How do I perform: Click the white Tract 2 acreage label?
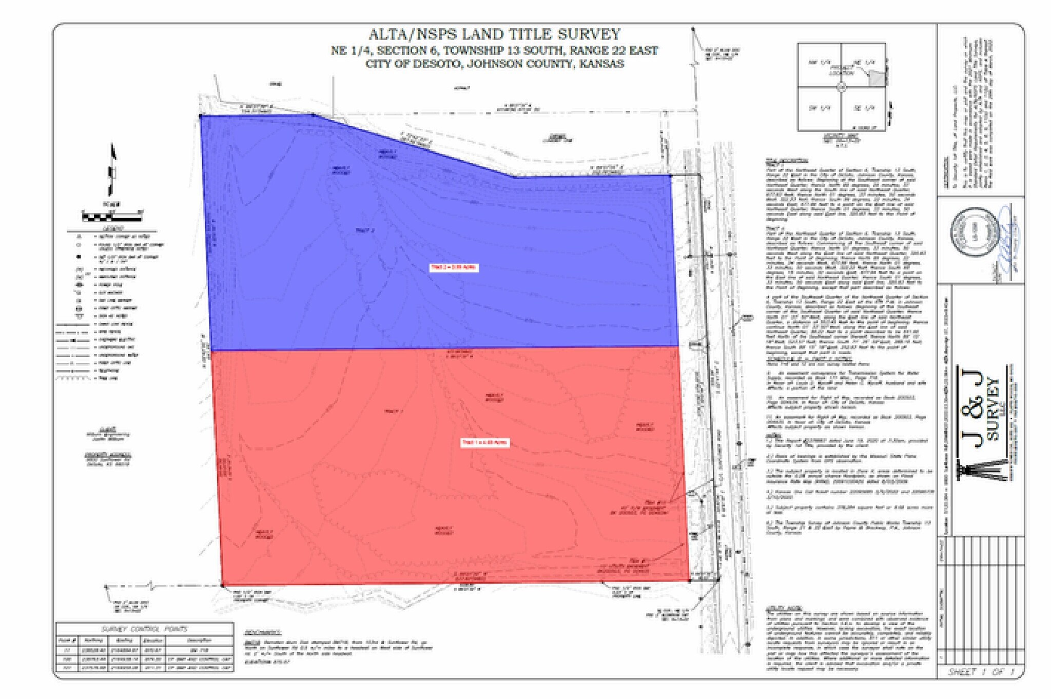pos(454,267)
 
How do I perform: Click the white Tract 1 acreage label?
pos(484,442)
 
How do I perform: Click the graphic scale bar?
pos(112,215)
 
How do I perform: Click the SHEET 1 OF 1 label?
pos(981,672)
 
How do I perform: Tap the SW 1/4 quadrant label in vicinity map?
pos(819,108)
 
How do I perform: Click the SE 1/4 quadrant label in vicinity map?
pos(864,108)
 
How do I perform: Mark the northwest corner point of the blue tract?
pos(201,116)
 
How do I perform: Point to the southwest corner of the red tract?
pos(222,585)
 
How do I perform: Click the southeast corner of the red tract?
pos(689,580)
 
